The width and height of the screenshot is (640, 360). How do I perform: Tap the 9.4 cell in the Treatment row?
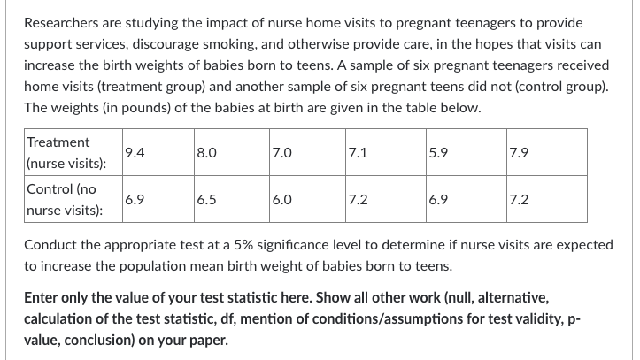(135, 152)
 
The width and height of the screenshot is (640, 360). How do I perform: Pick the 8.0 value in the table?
(206, 152)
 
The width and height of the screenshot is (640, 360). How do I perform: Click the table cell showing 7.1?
(358, 152)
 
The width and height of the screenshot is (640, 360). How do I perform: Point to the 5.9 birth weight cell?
(438, 152)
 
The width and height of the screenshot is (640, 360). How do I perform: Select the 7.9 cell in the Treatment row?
(519, 152)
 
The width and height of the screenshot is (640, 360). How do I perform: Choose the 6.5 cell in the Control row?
(206, 199)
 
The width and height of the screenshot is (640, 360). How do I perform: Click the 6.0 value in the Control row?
(282, 199)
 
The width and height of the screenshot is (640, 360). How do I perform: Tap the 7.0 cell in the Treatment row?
(282, 152)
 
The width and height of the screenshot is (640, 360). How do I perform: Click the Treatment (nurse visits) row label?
(66, 153)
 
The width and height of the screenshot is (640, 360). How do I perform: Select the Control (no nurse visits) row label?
(65, 200)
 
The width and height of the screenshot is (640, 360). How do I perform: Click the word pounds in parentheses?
(146, 108)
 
